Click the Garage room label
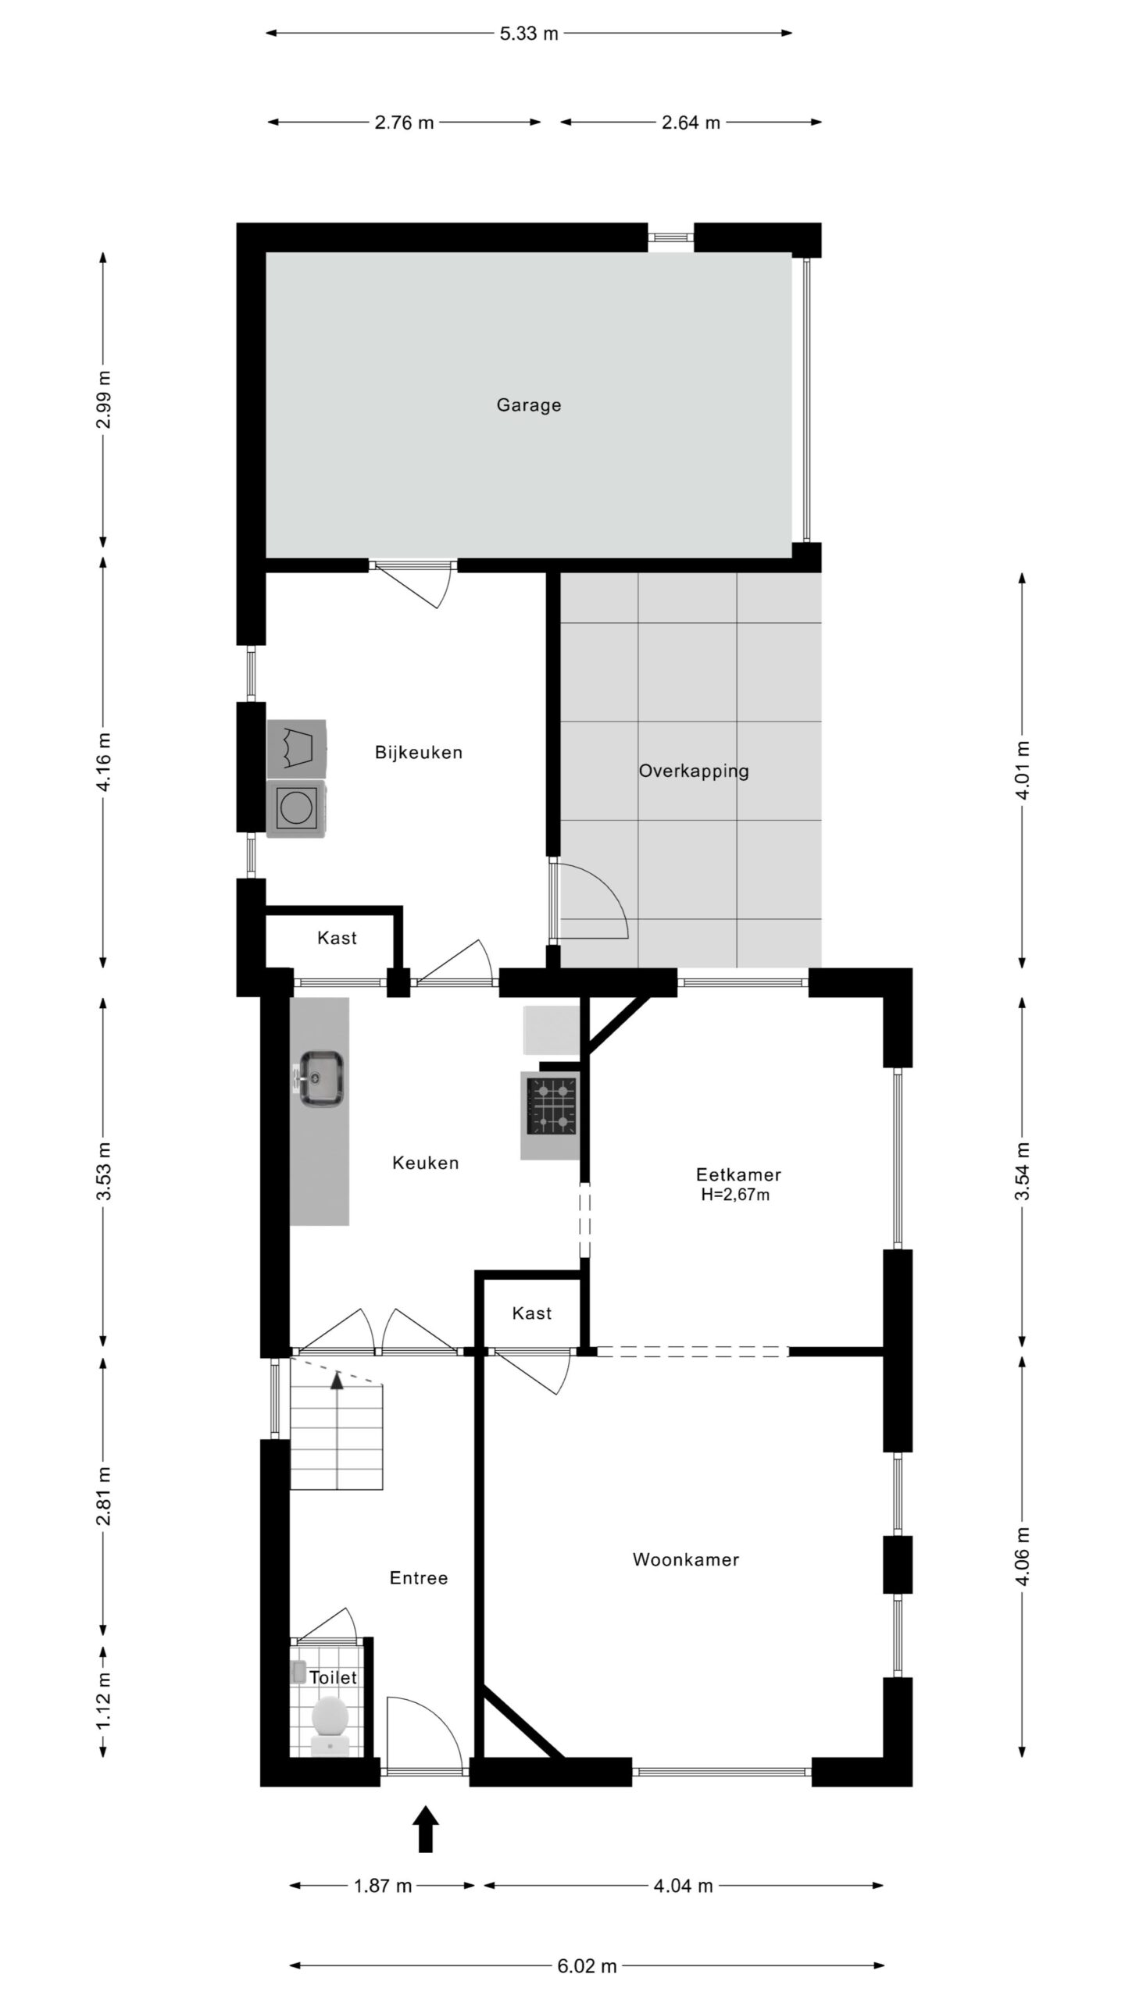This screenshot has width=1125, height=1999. tap(529, 405)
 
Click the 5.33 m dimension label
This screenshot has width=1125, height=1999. tap(529, 34)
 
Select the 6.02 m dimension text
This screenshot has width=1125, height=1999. tap(587, 1960)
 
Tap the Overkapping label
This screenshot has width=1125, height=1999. tap(694, 771)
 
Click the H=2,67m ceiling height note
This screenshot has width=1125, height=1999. tap(735, 1194)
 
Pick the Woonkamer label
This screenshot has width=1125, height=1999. tap(685, 1560)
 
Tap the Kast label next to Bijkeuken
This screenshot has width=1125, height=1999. tap(337, 938)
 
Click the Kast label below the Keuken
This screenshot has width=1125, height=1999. tap(532, 1313)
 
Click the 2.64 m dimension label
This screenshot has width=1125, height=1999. tap(691, 123)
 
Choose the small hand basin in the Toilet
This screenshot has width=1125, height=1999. tap(298, 1672)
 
